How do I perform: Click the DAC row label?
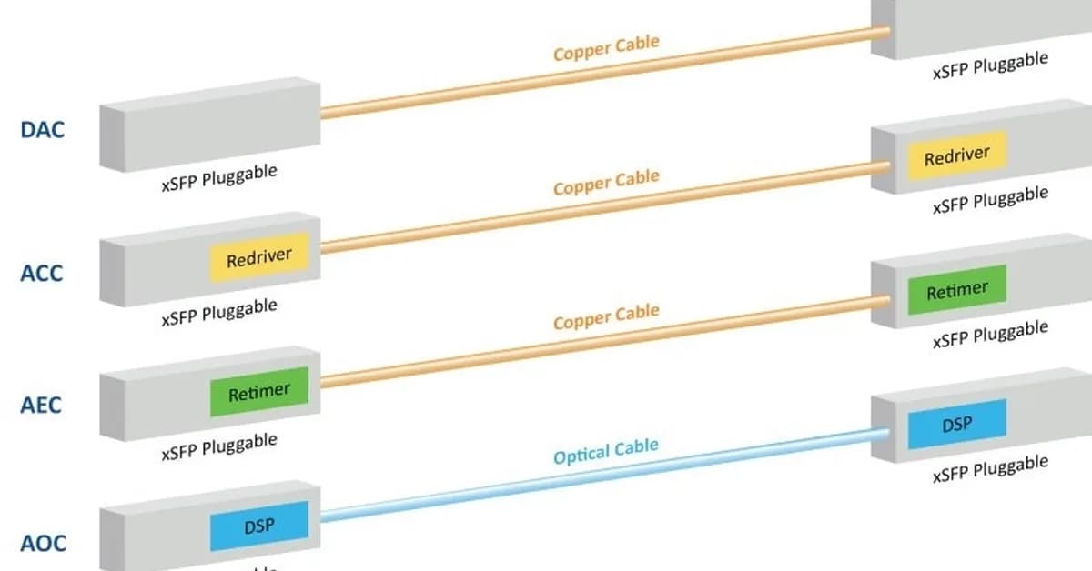(42, 129)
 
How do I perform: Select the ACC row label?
(42, 272)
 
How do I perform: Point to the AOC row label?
(43, 543)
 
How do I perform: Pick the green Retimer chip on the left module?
(259, 393)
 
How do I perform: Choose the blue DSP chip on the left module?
(259, 526)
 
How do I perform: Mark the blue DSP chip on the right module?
(956, 424)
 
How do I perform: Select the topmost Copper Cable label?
(605, 47)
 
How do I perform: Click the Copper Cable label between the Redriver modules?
(605, 183)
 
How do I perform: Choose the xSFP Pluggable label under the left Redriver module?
(218, 312)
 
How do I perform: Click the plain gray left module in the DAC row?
(209, 123)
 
